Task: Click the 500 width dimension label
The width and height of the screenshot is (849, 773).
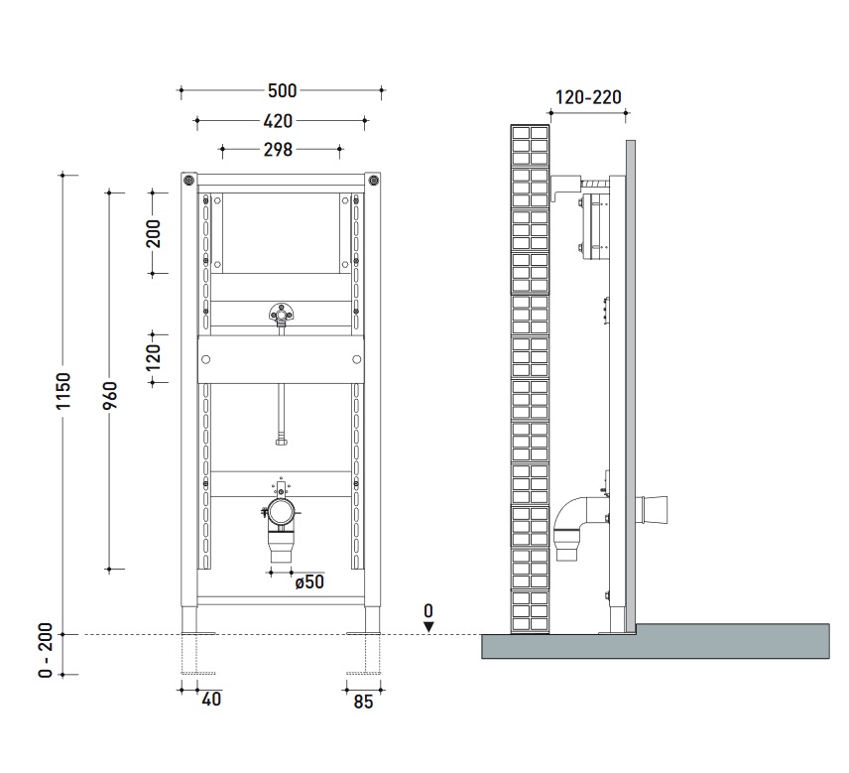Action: tap(282, 90)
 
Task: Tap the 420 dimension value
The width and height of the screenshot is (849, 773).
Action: tap(278, 121)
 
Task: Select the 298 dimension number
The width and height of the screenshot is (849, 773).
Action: tap(278, 150)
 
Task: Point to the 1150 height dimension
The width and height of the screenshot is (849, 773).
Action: tap(63, 391)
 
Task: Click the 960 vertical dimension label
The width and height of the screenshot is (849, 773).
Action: tap(110, 396)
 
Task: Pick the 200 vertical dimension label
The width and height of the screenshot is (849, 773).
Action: tap(153, 233)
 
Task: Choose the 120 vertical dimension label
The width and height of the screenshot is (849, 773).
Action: tap(153, 357)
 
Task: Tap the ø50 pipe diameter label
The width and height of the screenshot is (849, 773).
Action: tap(309, 581)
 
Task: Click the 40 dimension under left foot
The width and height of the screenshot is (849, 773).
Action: tap(211, 700)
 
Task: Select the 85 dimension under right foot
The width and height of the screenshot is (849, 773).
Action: tap(363, 702)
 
